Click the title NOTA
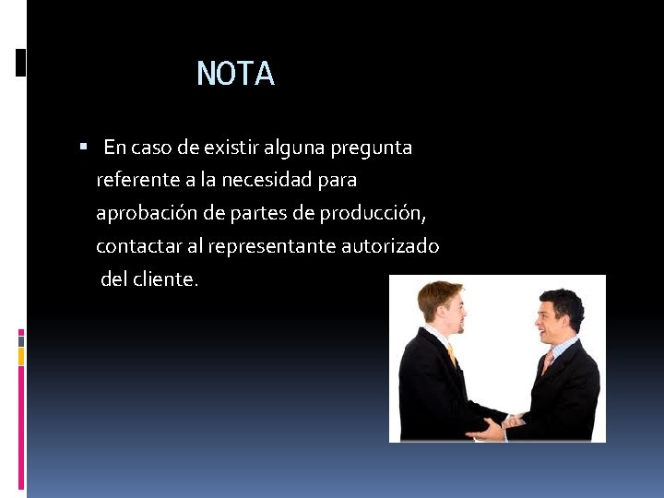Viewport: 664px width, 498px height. [235, 74]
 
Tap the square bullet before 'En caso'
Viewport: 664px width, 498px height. [83, 147]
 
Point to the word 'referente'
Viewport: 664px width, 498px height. [134, 180]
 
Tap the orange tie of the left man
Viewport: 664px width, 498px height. [451, 354]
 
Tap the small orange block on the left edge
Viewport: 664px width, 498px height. [21, 356]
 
